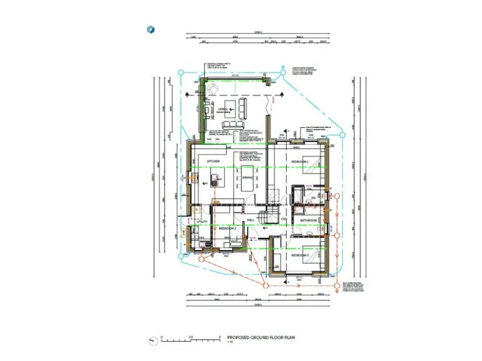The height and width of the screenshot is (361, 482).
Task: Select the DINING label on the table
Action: [x=247, y=179]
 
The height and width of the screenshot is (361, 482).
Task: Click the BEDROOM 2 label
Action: [x=227, y=229]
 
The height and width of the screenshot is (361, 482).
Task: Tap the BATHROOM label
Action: [x=309, y=220]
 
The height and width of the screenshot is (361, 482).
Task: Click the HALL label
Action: [x=250, y=221]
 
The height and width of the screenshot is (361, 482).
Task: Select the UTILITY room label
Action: [x=201, y=222]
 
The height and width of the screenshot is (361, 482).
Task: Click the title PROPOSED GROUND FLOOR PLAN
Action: [x=260, y=337]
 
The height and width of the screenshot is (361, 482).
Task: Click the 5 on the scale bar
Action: [x=220, y=337]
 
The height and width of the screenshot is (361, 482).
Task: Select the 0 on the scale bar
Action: [x=162, y=337]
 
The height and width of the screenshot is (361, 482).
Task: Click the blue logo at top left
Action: [x=151, y=29]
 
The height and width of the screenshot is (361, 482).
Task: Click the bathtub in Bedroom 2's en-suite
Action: [x=222, y=250]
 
